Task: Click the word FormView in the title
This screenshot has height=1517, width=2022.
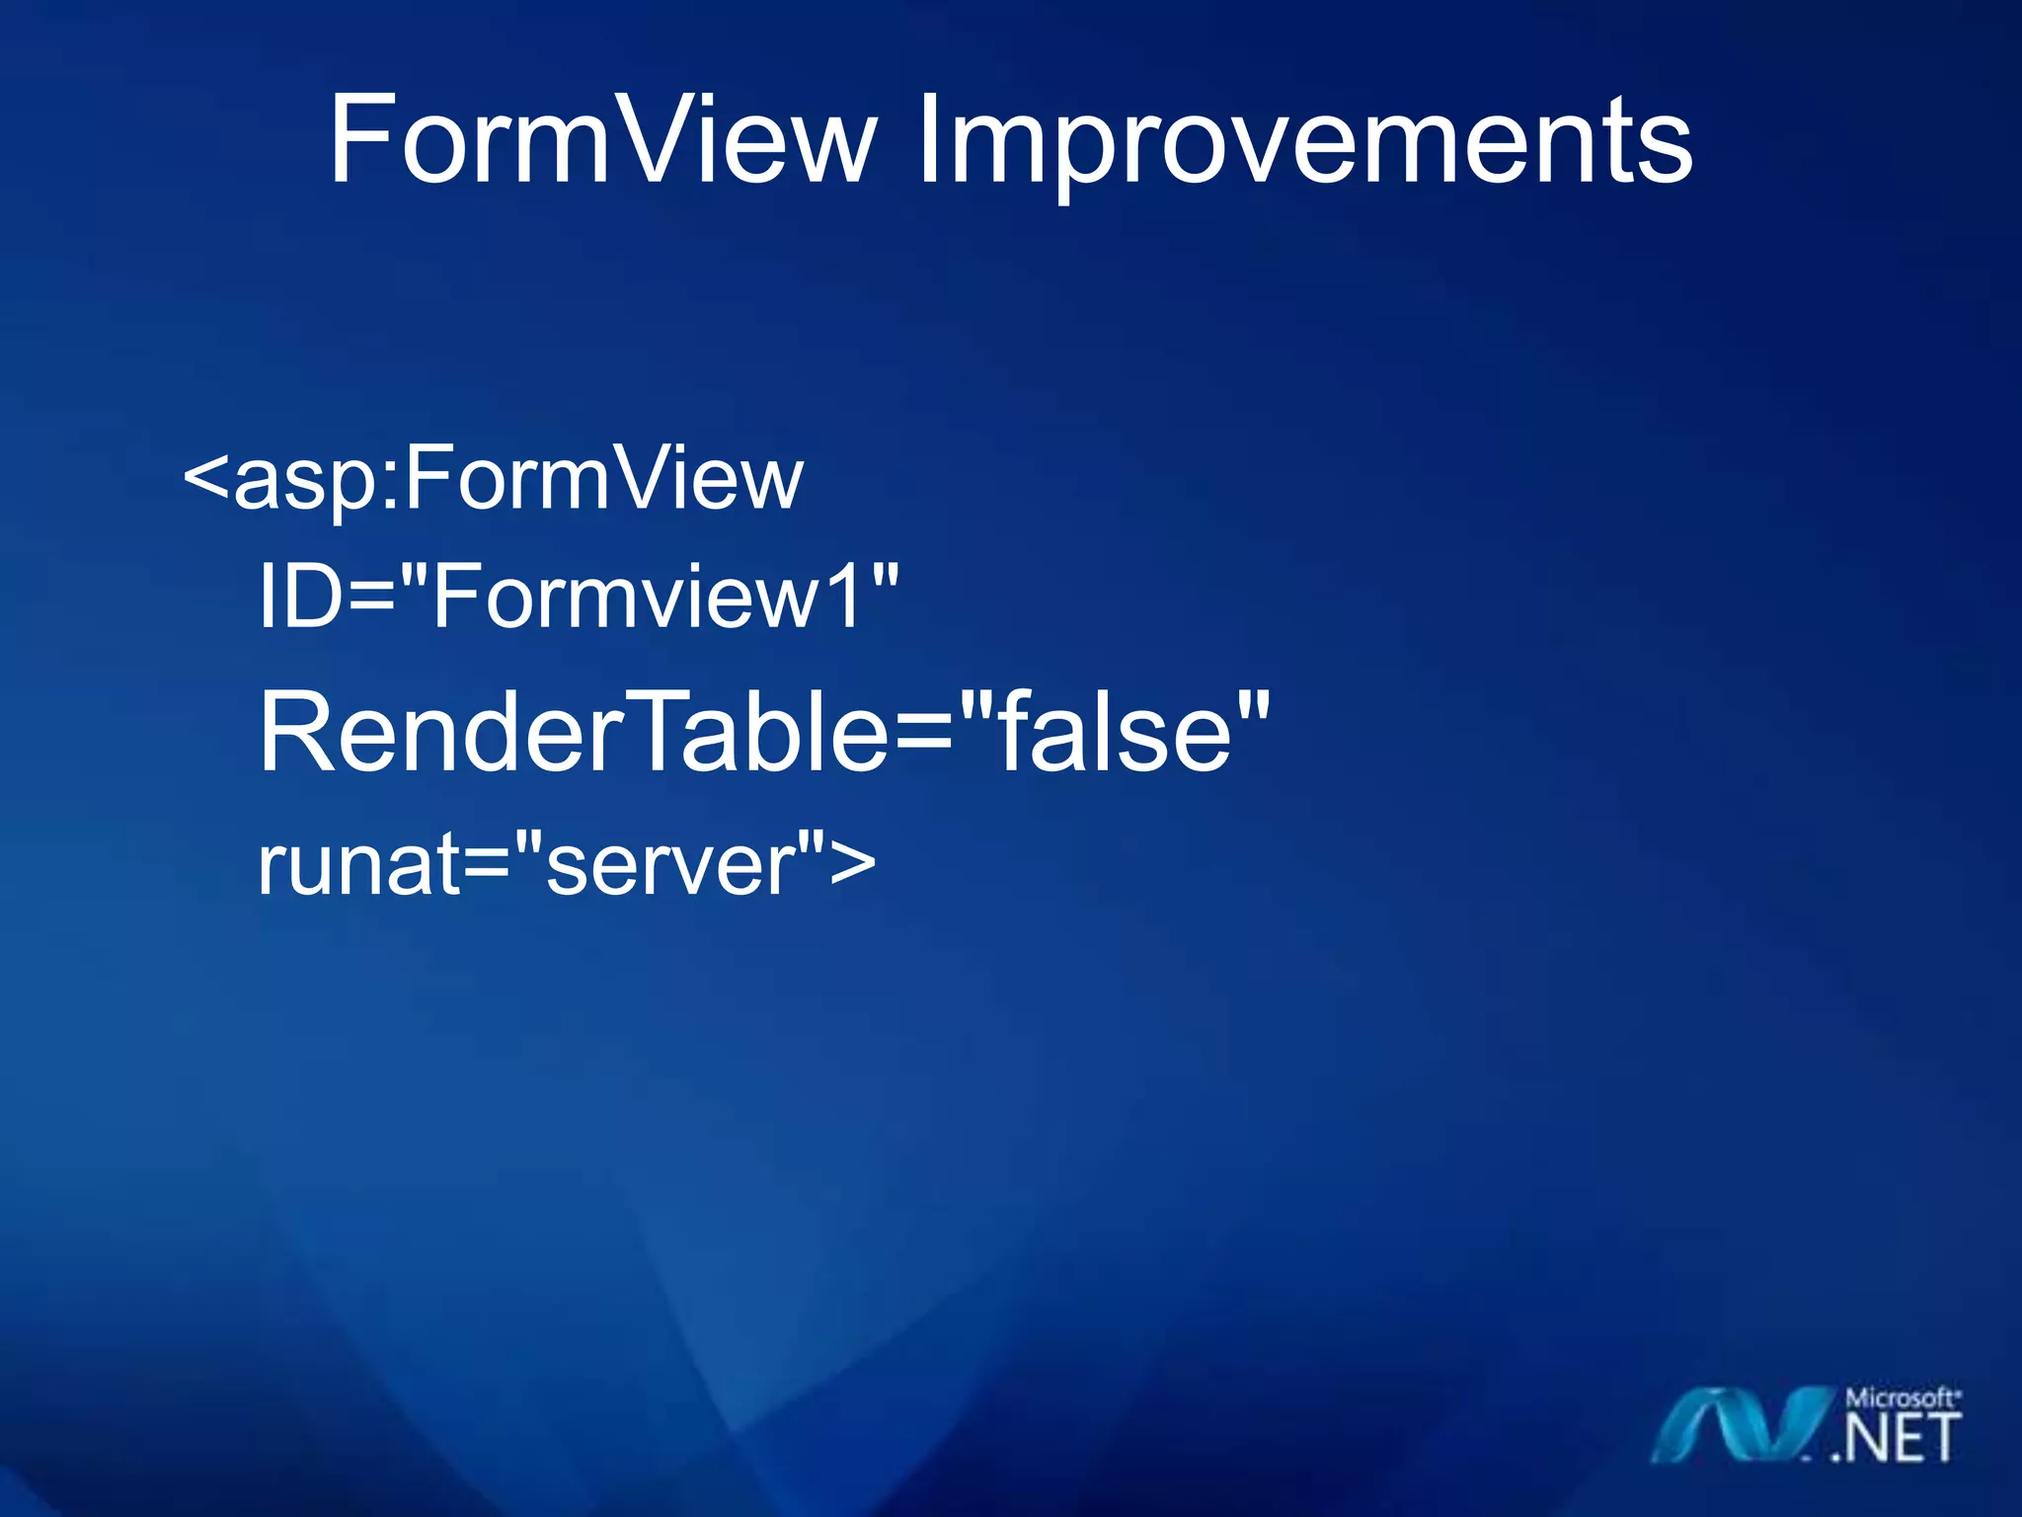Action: click(x=602, y=141)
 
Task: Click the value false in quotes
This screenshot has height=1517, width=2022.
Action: click(x=1116, y=733)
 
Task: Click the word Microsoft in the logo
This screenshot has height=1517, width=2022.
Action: click(x=1902, y=1398)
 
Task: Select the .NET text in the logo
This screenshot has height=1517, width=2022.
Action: click(x=1896, y=1438)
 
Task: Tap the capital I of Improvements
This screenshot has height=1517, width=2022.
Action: click(x=928, y=141)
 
